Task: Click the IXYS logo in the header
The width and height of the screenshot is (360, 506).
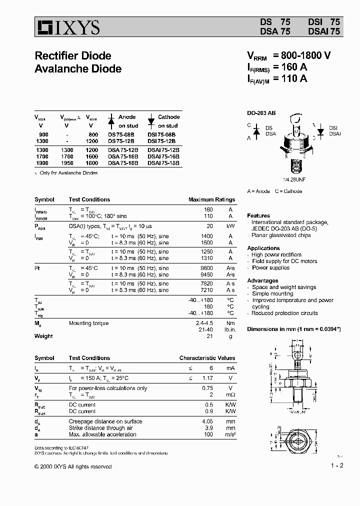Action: pos(67,27)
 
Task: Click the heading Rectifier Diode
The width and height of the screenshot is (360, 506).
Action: pos(72,55)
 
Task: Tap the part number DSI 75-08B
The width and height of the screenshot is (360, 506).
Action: pos(163,135)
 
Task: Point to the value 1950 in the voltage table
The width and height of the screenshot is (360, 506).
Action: pos(66,163)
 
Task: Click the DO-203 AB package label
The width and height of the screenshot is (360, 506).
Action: pos(261,113)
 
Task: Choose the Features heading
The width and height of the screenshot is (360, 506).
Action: pos(258,215)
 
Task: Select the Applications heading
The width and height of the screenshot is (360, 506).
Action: pos(263,248)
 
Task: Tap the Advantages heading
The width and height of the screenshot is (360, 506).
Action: pos(262,280)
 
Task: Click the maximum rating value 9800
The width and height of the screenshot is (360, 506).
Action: pos(206,268)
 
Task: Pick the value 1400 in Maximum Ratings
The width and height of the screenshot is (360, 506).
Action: pos(206,235)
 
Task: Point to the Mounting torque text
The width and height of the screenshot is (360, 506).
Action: pos(88,323)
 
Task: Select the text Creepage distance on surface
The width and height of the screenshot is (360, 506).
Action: pos(105,421)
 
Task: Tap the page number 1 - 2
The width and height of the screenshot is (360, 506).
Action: pos(337,465)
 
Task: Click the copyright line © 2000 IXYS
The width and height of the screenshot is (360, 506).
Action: pos(73,466)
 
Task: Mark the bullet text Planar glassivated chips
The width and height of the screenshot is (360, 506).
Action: pos(280,235)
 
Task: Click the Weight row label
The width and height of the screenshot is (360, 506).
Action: pos(43,336)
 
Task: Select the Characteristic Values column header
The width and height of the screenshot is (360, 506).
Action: pos(207,358)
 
